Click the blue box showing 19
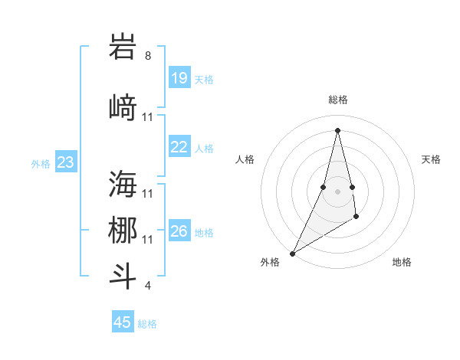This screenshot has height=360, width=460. click(x=179, y=77)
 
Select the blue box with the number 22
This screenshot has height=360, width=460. click(x=179, y=147)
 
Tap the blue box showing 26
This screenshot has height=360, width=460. click(x=179, y=231)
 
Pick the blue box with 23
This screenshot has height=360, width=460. click(x=66, y=162)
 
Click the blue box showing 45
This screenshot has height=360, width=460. click(x=123, y=322)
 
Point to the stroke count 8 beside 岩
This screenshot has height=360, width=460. click(x=148, y=56)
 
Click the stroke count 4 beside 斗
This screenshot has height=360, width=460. click(x=148, y=286)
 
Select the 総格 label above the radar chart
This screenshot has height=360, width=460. click(x=337, y=100)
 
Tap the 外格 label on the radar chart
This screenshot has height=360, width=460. click(x=270, y=262)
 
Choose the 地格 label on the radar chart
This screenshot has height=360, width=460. click(x=402, y=262)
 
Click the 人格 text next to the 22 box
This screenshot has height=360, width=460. click(x=204, y=148)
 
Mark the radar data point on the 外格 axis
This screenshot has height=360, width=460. click(x=292, y=253)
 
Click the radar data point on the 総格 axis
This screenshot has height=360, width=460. click(x=337, y=129)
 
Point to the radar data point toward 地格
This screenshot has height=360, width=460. click(x=356, y=218)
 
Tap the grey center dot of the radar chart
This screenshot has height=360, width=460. click(x=337, y=191)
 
